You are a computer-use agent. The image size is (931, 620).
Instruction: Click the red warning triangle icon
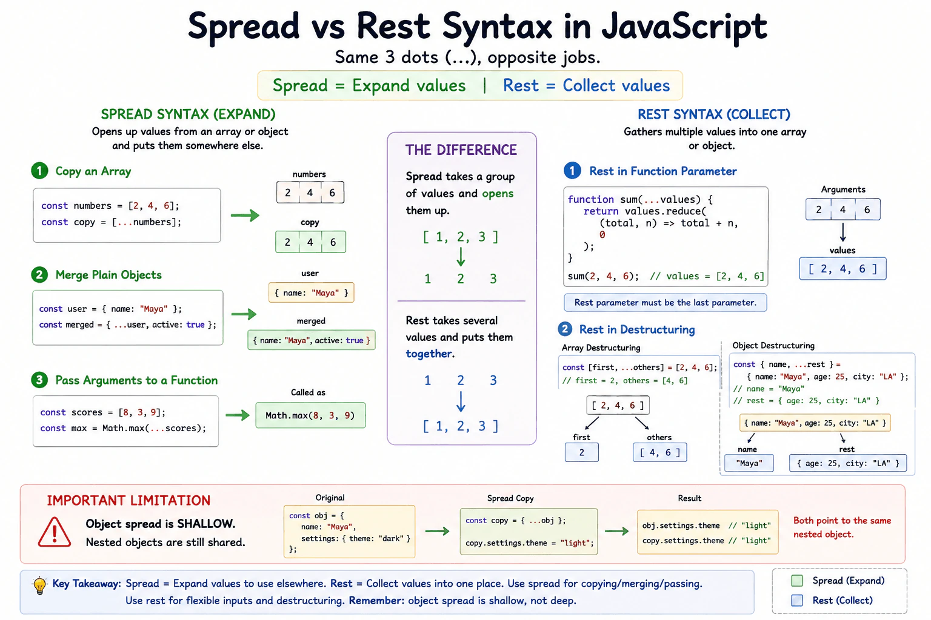[55, 532]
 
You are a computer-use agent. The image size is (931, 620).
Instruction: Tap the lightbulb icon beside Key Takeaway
[39, 585]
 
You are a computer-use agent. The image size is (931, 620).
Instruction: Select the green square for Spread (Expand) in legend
[797, 581]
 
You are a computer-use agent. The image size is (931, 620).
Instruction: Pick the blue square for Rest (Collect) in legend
[797, 600]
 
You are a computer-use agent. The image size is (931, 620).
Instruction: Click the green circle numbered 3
[39, 380]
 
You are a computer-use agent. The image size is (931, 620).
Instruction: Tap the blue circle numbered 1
[572, 171]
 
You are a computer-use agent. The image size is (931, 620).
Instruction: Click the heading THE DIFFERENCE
[461, 150]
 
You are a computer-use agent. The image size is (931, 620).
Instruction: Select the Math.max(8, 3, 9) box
[310, 415]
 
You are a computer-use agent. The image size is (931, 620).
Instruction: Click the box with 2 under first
[581, 452]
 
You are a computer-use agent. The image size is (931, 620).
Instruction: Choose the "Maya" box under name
[749, 463]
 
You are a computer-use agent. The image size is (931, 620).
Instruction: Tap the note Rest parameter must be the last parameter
[665, 302]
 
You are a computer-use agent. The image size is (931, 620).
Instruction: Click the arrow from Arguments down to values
[843, 232]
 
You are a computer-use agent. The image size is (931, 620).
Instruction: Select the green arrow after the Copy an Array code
[245, 215]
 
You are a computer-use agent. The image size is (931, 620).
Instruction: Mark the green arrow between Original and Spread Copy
[437, 531]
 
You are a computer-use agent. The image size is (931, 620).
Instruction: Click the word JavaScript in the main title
[684, 26]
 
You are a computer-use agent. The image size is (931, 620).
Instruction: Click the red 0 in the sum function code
[602, 235]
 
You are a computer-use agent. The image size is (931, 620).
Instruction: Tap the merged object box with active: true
[312, 340]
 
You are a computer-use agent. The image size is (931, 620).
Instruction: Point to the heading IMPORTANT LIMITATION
[128, 500]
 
